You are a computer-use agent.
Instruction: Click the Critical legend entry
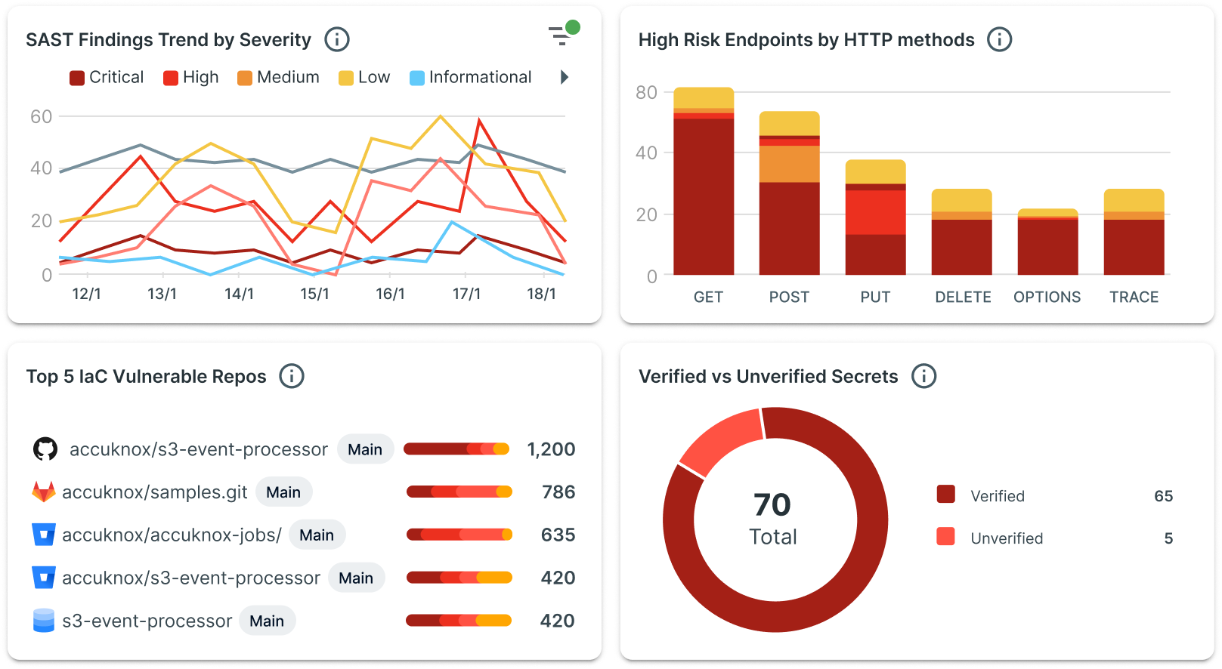(x=107, y=78)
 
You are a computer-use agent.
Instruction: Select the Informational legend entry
(x=470, y=78)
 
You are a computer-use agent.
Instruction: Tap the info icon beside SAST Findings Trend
(x=337, y=40)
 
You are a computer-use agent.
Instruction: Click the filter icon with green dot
(x=562, y=35)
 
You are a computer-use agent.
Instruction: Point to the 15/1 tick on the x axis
(x=314, y=294)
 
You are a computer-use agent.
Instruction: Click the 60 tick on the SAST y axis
(x=42, y=117)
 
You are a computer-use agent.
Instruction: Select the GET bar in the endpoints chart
(x=704, y=181)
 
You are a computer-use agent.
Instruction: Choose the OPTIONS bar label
(x=1047, y=298)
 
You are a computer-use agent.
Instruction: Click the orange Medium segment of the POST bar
(x=789, y=164)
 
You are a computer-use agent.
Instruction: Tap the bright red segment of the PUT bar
(x=875, y=212)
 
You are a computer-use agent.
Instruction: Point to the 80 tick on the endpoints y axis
(x=646, y=93)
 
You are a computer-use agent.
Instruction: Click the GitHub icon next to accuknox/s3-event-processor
(x=45, y=449)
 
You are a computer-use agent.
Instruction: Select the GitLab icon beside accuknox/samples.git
(x=44, y=492)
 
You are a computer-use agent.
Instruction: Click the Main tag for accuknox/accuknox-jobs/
(x=317, y=535)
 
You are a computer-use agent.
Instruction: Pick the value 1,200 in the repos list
(x=551, y=450)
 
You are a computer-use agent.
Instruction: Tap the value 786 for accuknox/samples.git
(x=558, y=492)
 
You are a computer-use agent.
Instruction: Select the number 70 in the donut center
(x=772, y=505)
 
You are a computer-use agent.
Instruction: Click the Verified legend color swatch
(x=945, y=495)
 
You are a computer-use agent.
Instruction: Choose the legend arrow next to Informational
(x=564, y=77)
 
